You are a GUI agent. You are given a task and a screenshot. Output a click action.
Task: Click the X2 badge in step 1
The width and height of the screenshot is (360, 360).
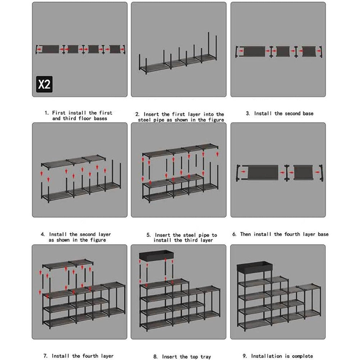[44, 84]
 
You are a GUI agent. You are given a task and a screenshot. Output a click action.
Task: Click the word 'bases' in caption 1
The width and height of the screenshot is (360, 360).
[100, 118]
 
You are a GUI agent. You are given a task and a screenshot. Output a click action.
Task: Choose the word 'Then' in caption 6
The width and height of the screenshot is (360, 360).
[246, 234]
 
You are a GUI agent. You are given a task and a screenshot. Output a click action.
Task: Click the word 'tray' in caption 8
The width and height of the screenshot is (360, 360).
[206, 357]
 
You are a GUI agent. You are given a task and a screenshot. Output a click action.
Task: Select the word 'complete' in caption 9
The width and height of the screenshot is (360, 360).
[302, 356]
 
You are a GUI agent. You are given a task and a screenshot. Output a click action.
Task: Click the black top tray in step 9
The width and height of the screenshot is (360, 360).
[255, 266]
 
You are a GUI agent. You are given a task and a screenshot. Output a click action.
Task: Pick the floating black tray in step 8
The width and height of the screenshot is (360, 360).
[156, 256]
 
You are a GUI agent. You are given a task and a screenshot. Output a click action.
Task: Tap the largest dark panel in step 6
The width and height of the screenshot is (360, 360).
[263, 172]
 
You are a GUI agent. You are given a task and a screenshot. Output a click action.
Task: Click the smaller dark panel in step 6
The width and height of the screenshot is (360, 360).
[303, 172]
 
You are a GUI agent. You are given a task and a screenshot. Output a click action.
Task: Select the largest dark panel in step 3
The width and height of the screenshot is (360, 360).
[255, 51]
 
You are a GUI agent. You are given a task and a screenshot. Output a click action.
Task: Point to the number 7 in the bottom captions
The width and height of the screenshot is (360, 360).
[45, 356]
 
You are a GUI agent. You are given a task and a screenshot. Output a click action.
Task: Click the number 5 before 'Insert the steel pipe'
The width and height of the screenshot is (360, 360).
[148, 235]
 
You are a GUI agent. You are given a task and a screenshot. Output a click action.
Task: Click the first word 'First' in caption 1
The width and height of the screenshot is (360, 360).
[59, 113]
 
